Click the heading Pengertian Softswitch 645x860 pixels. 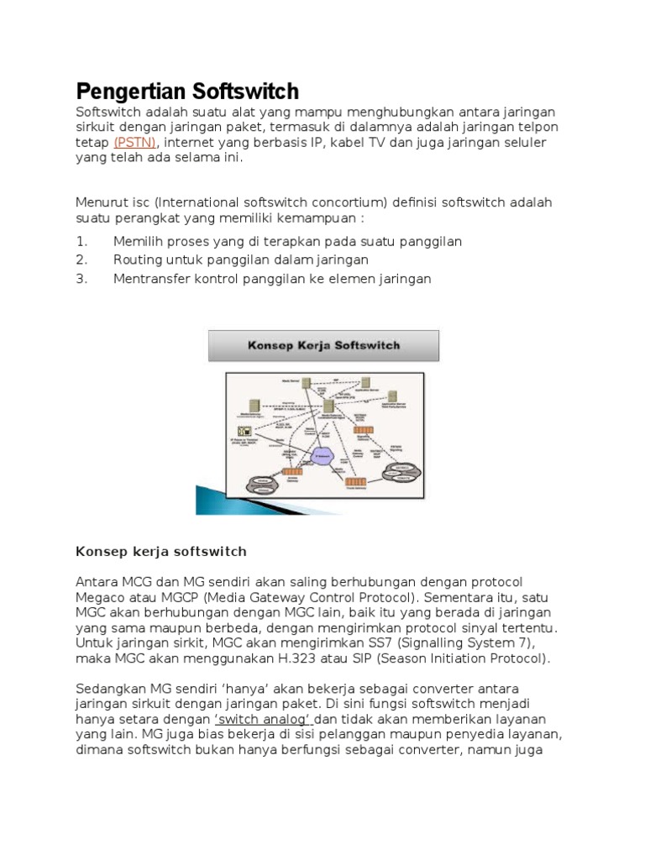[187, 91]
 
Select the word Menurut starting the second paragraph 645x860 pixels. [102, 202]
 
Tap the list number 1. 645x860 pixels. [81, 242]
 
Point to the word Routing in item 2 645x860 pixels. [139, 260]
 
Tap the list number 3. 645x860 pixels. [81, 279]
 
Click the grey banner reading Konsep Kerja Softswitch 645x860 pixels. [323, 345]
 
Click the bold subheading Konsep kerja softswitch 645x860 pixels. [161, 552]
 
